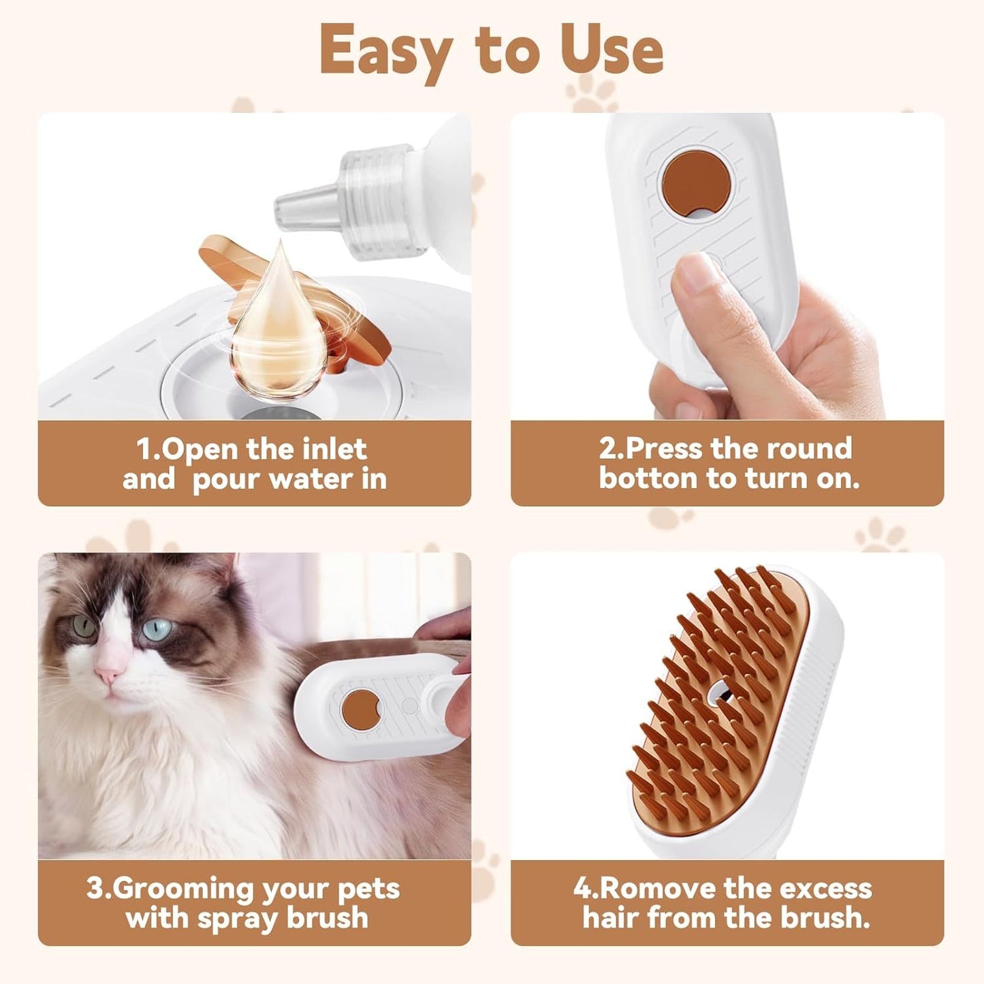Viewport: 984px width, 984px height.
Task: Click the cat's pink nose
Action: tap(108, 674)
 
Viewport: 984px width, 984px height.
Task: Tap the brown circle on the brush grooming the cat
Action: tap(361, 709)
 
